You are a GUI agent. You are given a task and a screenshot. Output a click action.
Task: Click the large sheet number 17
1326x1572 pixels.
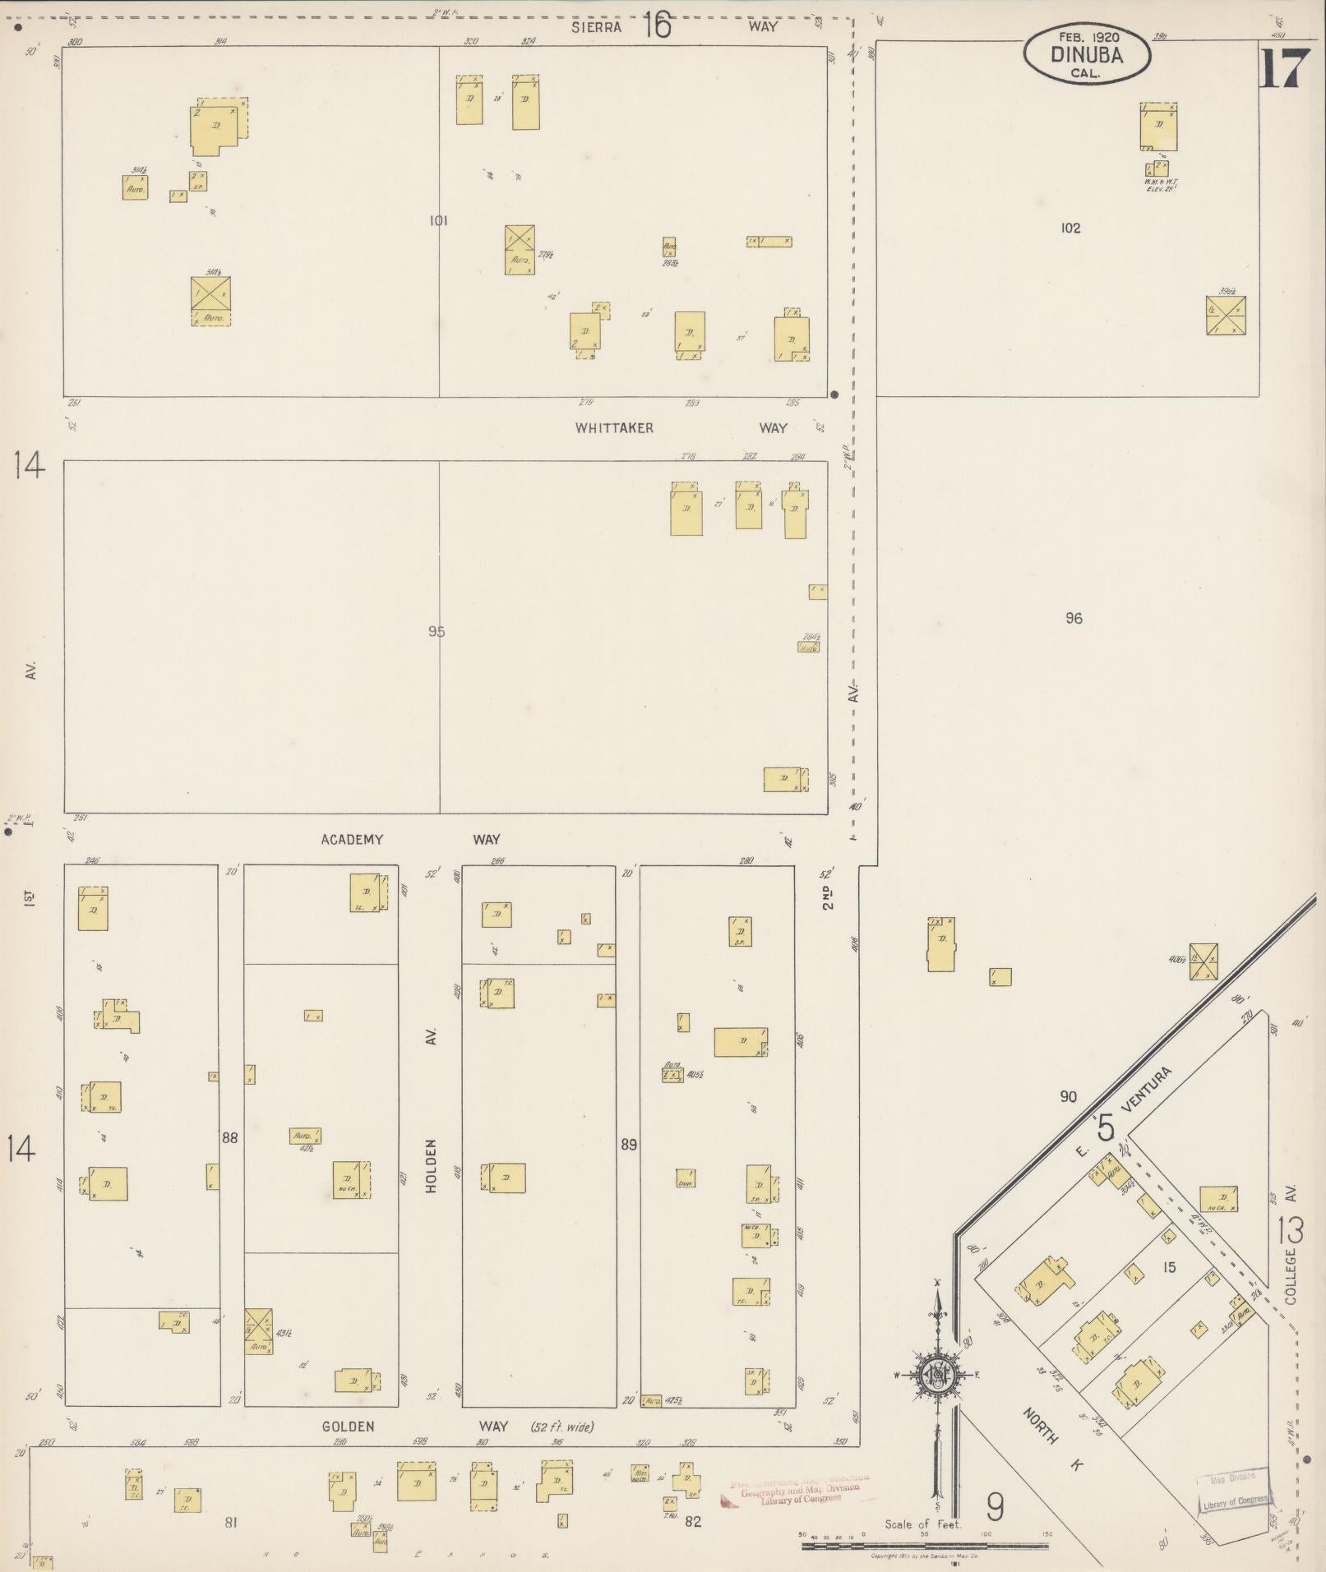1282,69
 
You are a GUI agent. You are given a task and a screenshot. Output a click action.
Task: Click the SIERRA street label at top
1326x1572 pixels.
596,27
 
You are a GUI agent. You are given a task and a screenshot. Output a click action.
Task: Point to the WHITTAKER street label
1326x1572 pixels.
614,428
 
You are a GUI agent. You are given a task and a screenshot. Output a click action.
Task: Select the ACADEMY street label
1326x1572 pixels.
352,840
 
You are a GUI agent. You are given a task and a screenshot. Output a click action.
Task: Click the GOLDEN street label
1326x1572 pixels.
349,1427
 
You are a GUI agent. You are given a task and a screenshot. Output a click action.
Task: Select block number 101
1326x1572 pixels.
438,220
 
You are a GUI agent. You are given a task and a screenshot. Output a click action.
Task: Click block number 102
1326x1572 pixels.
1070,228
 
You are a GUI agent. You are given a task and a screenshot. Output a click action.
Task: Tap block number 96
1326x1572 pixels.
1074,619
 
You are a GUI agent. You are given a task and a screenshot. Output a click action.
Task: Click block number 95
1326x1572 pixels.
437,632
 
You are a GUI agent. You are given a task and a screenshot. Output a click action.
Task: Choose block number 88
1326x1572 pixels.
229,1138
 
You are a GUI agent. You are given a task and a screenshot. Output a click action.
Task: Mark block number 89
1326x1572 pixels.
629,1145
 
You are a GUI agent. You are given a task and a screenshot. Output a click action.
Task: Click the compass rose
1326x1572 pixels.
936,1375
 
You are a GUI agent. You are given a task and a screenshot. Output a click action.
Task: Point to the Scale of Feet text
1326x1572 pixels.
922,1524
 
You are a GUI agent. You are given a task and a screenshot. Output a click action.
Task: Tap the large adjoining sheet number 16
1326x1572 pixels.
657,25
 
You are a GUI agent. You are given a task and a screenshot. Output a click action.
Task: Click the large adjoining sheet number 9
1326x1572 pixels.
995,1507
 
